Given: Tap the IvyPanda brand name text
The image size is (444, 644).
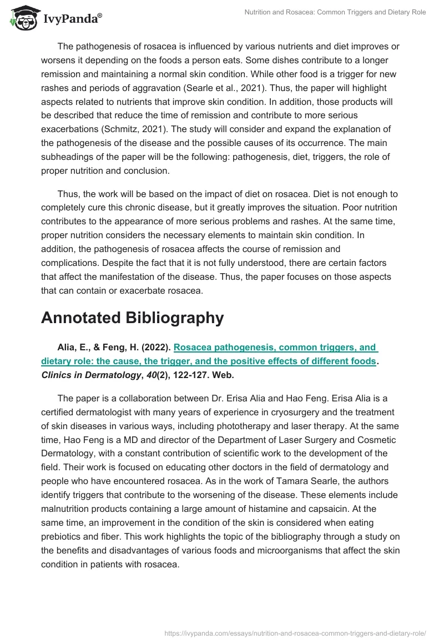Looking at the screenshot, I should point(72,19).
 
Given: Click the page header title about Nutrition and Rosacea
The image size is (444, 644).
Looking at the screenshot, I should point(335,12).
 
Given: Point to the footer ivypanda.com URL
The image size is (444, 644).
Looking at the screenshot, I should point(295,632).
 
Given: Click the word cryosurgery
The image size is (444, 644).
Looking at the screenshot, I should point(308,412).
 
